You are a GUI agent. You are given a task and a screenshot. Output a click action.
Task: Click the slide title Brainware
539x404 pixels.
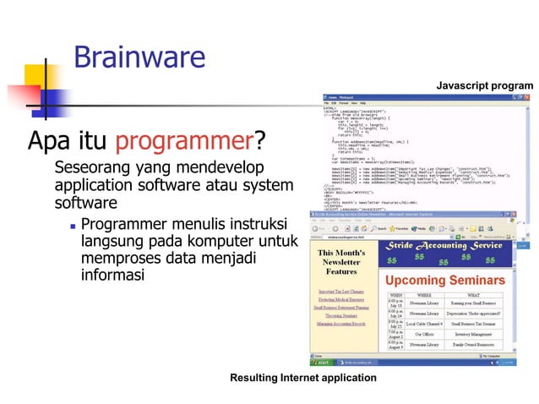click(139, 57)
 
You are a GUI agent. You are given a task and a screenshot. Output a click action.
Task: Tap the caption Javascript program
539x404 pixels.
click(484, 85)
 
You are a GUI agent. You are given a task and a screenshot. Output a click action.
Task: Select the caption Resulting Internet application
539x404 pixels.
click(303, 377)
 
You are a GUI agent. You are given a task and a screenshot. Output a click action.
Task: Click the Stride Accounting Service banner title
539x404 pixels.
click(444, 245)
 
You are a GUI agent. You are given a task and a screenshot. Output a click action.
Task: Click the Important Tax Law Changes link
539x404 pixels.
click(341, 292)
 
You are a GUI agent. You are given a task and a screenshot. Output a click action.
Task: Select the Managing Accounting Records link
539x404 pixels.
click(341, 324)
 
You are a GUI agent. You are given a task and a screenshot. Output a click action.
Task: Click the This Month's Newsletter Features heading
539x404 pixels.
click(342, 262)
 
